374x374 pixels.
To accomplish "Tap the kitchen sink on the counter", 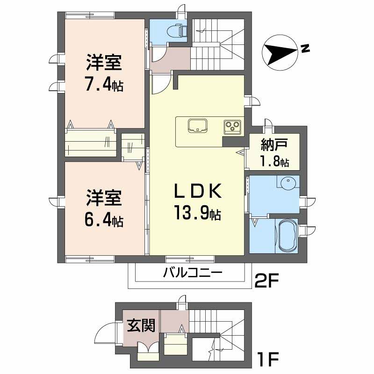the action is [x=197, y=125].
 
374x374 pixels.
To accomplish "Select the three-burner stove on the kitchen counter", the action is [x=232, y=126].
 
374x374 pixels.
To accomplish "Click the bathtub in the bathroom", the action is [x=288, y=236].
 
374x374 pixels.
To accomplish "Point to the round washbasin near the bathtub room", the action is [x=288, y=183].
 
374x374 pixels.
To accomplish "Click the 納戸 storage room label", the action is [x=274, y=144].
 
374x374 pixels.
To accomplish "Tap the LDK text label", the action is [x=198, y=191].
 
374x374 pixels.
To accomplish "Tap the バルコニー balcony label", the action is [x=193, y=273].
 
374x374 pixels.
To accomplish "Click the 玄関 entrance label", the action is [x=141, y=325].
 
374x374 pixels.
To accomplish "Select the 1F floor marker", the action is [x=268, y=359].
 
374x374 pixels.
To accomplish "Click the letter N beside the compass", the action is [x=305, y=49].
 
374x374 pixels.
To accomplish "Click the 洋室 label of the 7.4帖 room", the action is [x=104, y=63].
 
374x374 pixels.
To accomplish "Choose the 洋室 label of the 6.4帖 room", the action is [x=104, y=198].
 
